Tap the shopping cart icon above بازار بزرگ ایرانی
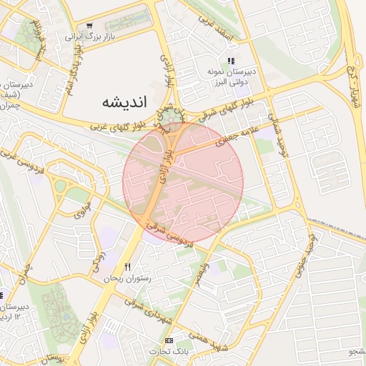[x=89, y=26]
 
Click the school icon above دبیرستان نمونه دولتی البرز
[x=230, y=61]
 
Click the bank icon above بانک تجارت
[x=169, y=340]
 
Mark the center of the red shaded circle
[x=183, y=183]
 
